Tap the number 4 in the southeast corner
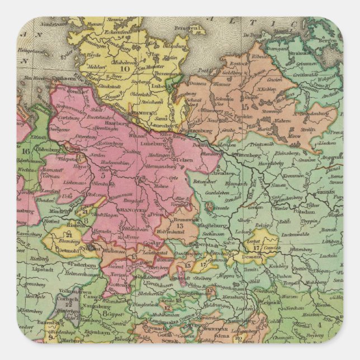pyautogui.click(x=335, y=323)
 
